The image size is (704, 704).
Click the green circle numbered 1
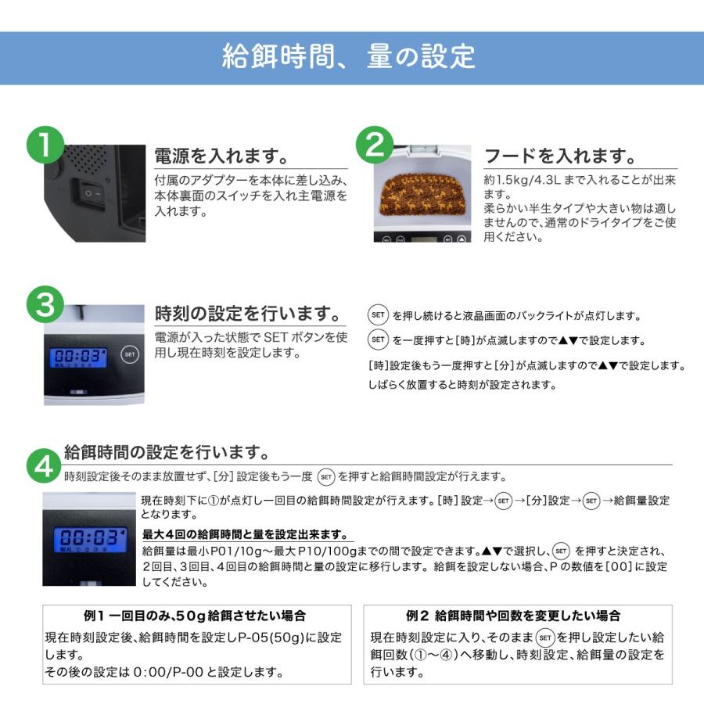tap(45, 145)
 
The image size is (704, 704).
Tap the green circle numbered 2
tap(375, 145)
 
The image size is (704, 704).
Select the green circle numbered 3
tap(45, 304)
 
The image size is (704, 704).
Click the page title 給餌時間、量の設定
tap(349, 56)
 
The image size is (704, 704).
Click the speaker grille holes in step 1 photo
tap(87, 159)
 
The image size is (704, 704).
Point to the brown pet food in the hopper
tap(422, 194)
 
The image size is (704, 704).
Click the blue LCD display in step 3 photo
tap(78, 357)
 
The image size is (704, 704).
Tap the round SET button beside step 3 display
tap(130, 354)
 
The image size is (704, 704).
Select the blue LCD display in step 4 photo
tap(89, 540)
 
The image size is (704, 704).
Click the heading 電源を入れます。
tap(222, 156)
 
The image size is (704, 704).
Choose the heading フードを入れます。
tap(560, 156)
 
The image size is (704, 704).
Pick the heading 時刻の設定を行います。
tap(248, 314)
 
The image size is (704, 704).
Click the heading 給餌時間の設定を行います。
tap(167, 452)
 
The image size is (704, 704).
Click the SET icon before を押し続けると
tap(378, 314)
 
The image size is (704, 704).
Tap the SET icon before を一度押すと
tap(378, 339)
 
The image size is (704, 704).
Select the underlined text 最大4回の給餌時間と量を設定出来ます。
tap(246, 534)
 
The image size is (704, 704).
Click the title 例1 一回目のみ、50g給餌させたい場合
tap(195, 616)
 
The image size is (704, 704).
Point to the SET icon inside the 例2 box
tap(545, 638)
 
